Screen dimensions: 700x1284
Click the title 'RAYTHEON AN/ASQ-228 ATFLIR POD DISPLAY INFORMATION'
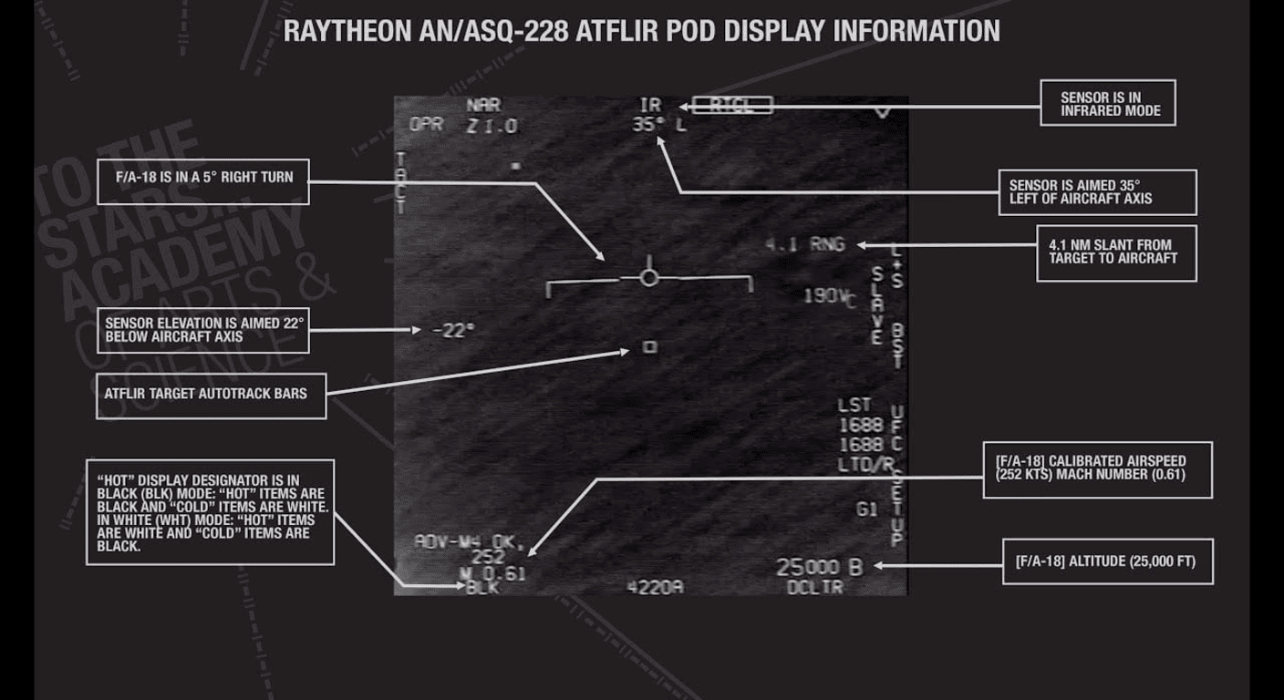[x=641, y=31]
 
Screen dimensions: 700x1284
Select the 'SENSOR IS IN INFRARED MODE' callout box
[x=1108, y=103]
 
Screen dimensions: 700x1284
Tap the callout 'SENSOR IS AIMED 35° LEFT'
[x=1096, y=191]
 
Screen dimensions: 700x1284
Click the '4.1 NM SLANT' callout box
[x=1116, y=252]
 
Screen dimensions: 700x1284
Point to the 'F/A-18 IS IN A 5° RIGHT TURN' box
[x=203, y=182]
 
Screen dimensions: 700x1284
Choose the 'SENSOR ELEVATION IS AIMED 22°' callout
[x=203, y=330]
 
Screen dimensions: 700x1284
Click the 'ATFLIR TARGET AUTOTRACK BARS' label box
[x=211, y=396]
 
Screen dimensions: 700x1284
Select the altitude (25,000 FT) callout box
[x=1107, y=561]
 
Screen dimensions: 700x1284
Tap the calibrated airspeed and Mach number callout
[x=1097, y=469]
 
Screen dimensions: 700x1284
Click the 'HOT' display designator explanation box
[x=211, y=512]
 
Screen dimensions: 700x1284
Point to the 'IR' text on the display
[x=650, y=106]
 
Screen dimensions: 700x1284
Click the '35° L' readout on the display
[x=658, y=126]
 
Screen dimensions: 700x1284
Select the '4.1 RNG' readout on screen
[x=805, y=244]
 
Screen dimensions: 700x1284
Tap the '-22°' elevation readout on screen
[x=453, y=330]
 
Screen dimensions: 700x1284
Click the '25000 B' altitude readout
[x=818, y=567]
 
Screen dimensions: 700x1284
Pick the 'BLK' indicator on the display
[x=482, y=588]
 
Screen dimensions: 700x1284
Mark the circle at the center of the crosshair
[x=648, y=277]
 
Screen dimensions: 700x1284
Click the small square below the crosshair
[x=650, y=346]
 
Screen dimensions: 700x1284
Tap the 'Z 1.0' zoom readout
[x=492, y=127]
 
